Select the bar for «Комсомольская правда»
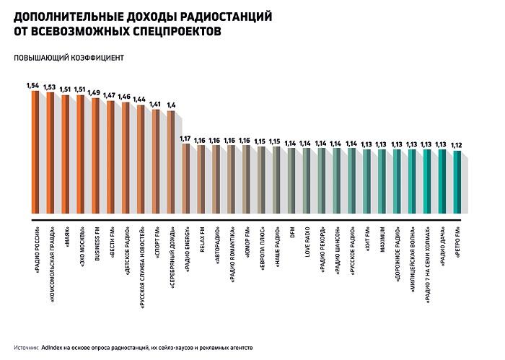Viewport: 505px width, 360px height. point(50,154)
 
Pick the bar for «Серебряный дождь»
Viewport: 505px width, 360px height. point(171,162)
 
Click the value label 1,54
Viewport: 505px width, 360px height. point(32,86)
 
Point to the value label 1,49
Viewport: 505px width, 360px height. point(94,92)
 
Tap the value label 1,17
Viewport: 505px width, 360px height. point(185,138)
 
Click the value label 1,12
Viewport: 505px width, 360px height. point(456,145)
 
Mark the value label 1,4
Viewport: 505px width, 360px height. point(171,105)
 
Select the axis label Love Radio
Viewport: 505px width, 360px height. point(307,246)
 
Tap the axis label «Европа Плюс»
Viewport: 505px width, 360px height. point(261,250)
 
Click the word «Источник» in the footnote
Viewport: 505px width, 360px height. point(25,347)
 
